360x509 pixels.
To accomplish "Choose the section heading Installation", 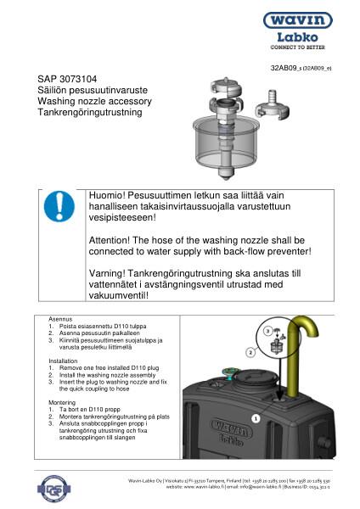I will (65, 361).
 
